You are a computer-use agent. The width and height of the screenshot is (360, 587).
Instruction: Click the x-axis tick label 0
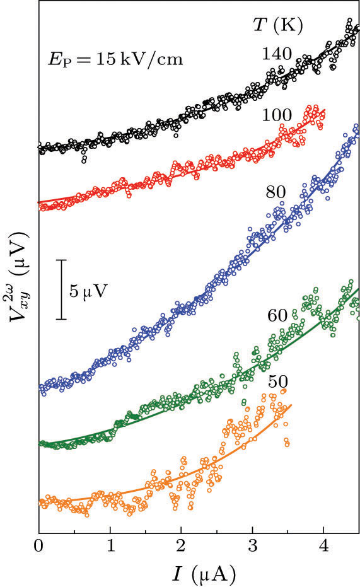coord(39,544)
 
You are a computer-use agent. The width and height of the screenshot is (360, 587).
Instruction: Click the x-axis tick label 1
coord(110,544)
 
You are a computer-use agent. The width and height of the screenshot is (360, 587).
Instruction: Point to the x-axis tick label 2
coord(182,544)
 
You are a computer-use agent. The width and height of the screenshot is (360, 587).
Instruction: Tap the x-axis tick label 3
coord(253,544)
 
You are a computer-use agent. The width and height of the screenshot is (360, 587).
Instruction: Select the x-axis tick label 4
coord(324,544)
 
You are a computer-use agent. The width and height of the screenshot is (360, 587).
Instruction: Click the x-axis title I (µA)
coord(199,572)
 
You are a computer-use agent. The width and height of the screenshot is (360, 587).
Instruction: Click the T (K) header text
coord(274,25)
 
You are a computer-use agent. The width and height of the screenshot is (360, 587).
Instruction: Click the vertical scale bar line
coord(62,289)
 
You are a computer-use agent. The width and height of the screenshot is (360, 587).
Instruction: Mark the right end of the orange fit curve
coord(291,405)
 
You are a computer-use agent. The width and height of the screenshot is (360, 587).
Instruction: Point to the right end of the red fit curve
coord(325,110)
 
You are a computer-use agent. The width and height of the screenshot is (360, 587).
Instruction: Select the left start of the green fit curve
coord(40,444)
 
